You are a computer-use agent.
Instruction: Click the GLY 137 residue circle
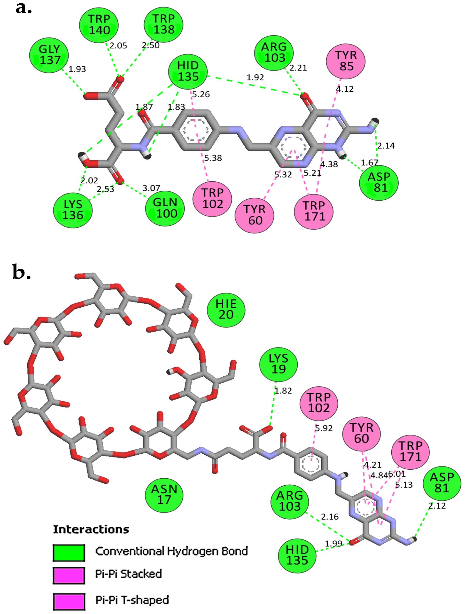(49, 55)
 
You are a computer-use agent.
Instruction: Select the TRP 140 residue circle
(99, 25)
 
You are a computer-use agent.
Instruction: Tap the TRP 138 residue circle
(163, 24)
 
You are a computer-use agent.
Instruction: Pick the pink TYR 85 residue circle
(346, 61)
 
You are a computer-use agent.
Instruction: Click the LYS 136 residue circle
(73, 210)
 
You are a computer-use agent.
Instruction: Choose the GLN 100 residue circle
(165, 208)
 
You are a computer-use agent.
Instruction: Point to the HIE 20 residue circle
(226, 310)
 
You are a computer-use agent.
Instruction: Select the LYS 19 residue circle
(279, 364)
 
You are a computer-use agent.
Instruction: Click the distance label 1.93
(77, 69)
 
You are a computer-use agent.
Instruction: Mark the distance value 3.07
(151, 188)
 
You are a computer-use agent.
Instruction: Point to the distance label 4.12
(345, 89)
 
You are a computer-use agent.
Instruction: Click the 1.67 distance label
(369, 163)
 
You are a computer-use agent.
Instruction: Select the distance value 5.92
(324, 428)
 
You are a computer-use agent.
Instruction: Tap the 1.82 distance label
(283, 391)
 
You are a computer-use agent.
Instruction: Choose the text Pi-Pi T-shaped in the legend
(132, 600)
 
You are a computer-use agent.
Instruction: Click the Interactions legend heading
(91, 529)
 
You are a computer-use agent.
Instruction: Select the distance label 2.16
(330, 517)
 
